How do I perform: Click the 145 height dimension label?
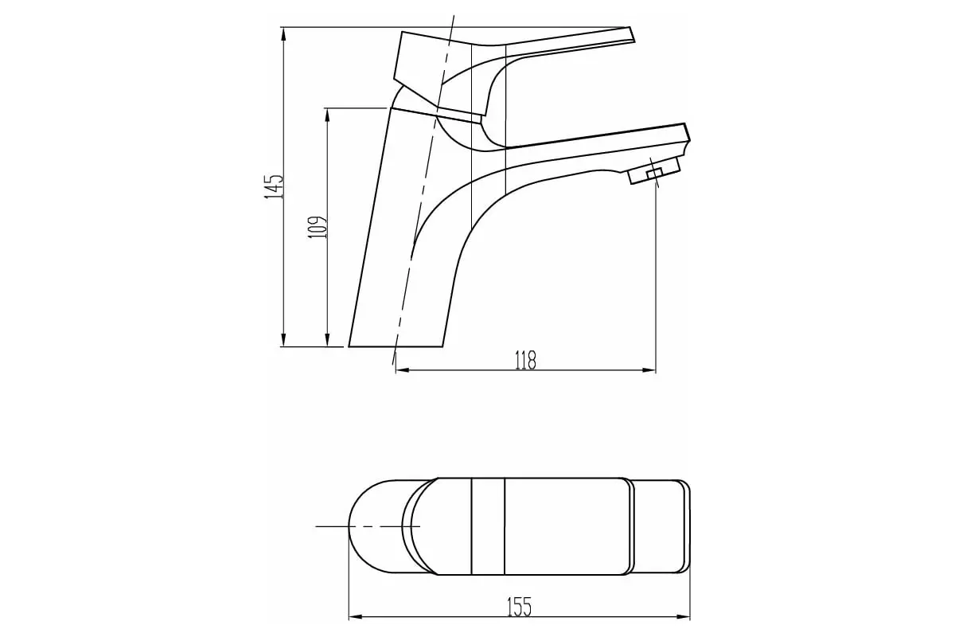[274, 186]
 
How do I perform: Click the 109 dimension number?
[318, 227]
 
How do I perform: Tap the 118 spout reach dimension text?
[526, 360]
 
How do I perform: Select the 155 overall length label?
[520, 607]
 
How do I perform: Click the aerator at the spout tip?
[654, 170]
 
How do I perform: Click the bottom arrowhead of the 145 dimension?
[283, 339]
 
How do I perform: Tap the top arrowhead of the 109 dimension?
[327, 116]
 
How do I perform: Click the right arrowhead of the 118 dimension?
[648, 370]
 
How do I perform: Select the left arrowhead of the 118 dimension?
[403, 370]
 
